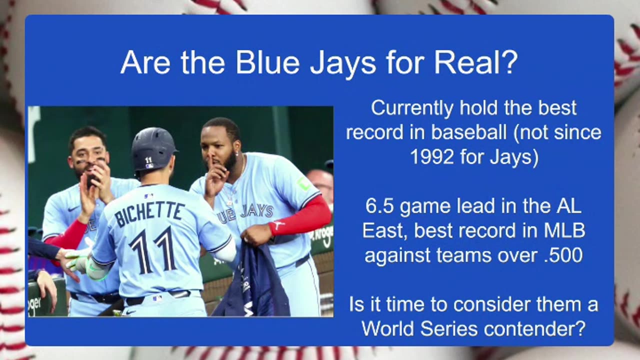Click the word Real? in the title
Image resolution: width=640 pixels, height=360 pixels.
pos(476,62)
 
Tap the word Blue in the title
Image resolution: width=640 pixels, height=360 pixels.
pos(267,62)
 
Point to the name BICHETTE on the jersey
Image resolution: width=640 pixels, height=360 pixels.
pos(148,213)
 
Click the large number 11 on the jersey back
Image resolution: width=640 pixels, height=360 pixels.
pos(153,249)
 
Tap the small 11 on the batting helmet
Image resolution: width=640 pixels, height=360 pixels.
pos(148,159)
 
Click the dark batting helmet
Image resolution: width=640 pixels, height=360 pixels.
pos(153,149)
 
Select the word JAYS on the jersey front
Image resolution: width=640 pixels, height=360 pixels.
pos(256,211)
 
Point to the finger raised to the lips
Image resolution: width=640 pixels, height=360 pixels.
pos(209,168)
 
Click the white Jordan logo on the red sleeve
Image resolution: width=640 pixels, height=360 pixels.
pos(277,224)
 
